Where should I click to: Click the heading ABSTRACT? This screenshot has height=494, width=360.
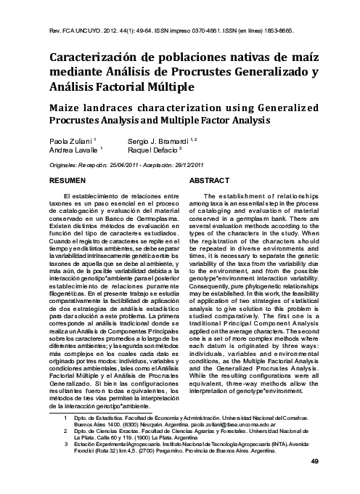(x=209, y=179)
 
